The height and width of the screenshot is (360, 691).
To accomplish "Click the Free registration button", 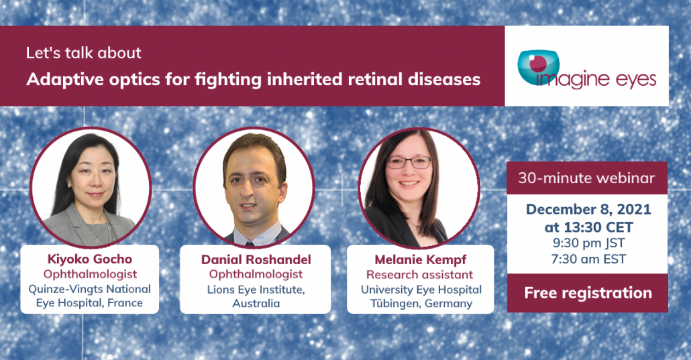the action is pyautogui.click(x=588, y=293).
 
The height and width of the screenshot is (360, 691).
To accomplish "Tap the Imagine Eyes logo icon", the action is pyautogui.click(x=539, y=68).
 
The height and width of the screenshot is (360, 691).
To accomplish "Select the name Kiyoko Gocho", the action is pyautogui.click(x=90, y=259).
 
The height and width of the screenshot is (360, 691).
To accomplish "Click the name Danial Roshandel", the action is pyautogui.click(x=256, y=259).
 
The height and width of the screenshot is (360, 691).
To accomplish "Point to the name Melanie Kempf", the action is pyautogui.click(x=421, y=259).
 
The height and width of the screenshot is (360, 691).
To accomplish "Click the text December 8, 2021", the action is pyautogui.click(x=588, y=209).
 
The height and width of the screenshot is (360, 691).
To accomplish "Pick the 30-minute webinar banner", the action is pyautogui.click(x=587, y=178).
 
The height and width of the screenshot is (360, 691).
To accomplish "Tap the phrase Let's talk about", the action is pyautogui.click(x=83, y=53).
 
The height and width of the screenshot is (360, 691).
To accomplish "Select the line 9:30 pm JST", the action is pyautogui.click(x=588, y=243).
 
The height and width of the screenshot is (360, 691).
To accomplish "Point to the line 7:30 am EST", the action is pyautogui.click(x=588, y=259).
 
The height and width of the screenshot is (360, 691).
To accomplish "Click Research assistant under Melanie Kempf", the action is pyautogui.click(x=419, y=274).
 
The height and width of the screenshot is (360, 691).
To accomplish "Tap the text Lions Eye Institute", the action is pyautogui.click(x=256, y=290).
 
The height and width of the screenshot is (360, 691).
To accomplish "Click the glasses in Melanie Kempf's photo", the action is pyautogui.click(x=409, y=163).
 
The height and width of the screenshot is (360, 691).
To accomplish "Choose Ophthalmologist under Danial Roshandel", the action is pyautogui.click(x=256, y=274).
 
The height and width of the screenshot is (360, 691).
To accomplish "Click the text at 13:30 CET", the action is pyautogui.click(x=588, y=227).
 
